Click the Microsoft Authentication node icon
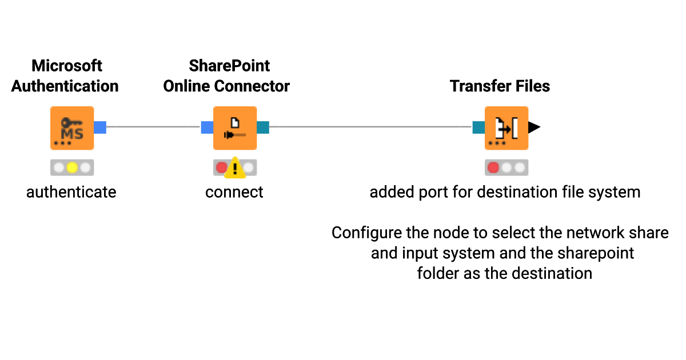(71, 128)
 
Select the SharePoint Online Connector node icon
(234, 128)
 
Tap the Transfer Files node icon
(506, 128)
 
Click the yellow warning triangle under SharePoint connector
(234, 168)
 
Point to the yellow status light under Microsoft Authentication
(71, 168)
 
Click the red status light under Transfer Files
(492, 168)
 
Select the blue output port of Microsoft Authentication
(100, 127)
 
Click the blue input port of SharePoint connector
(206, 127)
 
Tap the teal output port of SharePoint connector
(263, 127)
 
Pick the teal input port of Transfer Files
(478, 127)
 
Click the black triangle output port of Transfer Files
(533, 127)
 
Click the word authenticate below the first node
(71, 192)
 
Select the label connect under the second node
(234, 192)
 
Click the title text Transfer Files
(500, 86)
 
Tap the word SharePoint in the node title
(229, 66)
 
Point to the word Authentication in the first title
(65, 86)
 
